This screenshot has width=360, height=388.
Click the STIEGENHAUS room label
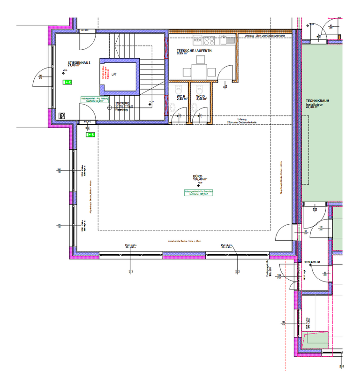point(79,62)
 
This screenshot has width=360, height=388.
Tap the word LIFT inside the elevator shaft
point(114,75)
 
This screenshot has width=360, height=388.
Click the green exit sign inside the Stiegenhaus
point(67,82)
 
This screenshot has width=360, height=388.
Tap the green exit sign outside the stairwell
point(90,135)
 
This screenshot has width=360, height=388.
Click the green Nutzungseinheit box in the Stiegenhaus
point(94,99)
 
